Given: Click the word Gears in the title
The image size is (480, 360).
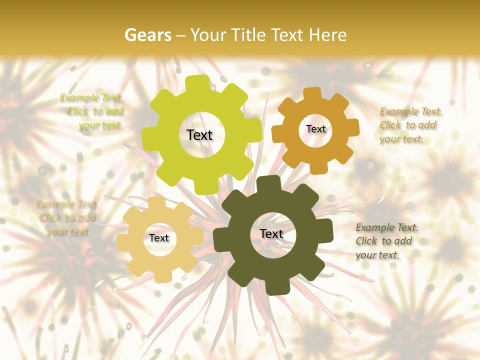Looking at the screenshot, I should [x=147, y=35].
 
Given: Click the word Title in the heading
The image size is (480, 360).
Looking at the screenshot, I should [x=247, y=35].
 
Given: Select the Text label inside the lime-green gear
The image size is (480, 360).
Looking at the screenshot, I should [x=200, y=135].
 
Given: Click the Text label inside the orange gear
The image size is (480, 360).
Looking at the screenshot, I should [x=316, y=129].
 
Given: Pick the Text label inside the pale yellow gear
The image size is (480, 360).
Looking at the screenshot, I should [x=159, y=238].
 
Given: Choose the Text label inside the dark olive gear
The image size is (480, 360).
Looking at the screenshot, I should [x=271, y=233].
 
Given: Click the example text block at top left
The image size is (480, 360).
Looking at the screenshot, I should [x=95, y=111].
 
